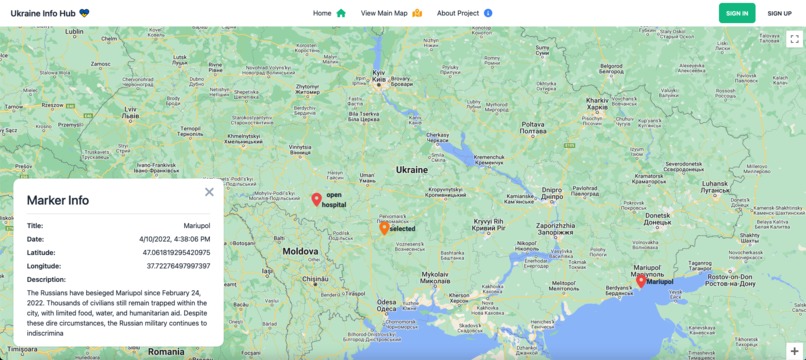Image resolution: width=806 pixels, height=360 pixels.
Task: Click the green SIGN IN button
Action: pos(737,13)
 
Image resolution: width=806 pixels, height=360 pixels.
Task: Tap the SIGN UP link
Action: pos(779,13)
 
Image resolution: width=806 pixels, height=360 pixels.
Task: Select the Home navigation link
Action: pos(329,13)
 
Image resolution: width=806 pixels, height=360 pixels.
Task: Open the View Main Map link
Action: pos(391,13)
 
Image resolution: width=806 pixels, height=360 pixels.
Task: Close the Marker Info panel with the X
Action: pos(209,192)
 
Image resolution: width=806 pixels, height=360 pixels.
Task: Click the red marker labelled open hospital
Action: pos(317,199)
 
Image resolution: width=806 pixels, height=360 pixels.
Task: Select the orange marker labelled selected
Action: pos(384,228)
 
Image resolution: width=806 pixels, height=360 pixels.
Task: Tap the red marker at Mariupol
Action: pos(641,281)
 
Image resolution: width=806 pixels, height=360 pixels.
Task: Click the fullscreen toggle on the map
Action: pos(794,39)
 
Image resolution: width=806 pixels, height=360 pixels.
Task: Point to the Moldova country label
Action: pos(300,251)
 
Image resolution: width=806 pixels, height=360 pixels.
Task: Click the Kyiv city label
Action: pos(379,75)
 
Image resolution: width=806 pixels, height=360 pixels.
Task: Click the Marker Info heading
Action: pos(58,200)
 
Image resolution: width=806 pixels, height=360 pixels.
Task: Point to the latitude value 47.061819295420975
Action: pos(176,253)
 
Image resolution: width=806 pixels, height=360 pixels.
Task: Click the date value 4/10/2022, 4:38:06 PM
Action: pos(175,239)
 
